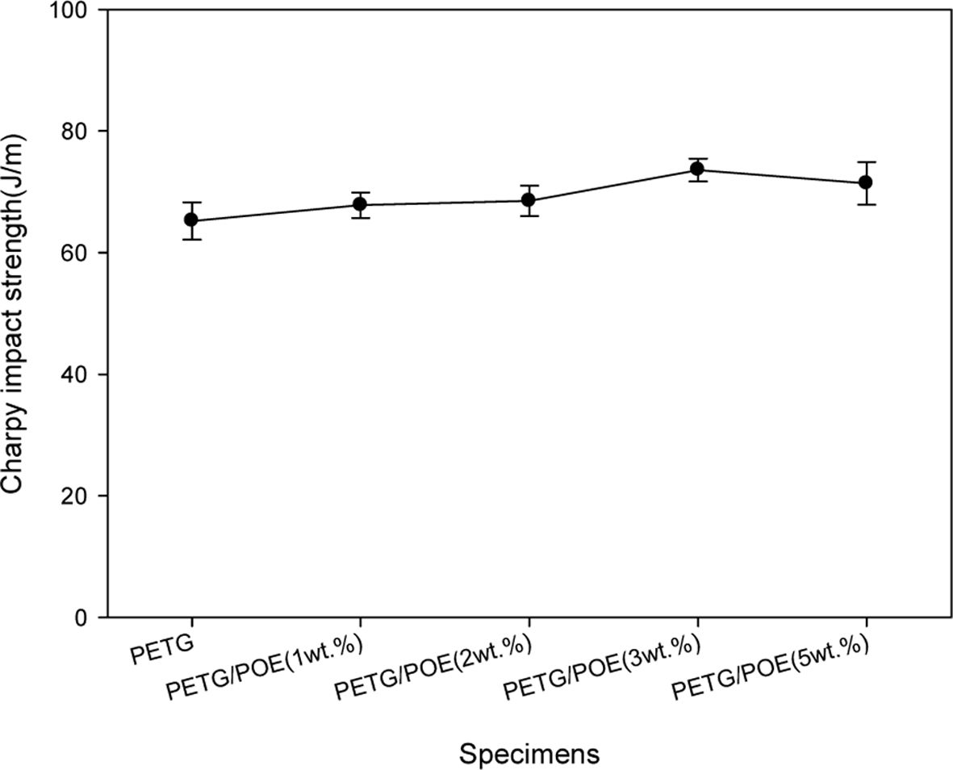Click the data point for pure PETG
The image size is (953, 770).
(x=191, y=220)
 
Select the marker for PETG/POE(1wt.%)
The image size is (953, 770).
(x=360, y=204)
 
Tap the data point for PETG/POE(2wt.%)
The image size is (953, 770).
(x=529, y=200)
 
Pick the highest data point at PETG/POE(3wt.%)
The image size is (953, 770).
(x=697, y=169)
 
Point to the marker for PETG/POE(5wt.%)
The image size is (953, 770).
(x=866, y=182)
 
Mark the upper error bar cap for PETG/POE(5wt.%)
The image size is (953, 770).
(x=866, y=162)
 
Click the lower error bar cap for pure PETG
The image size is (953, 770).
(x=191, y=239)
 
